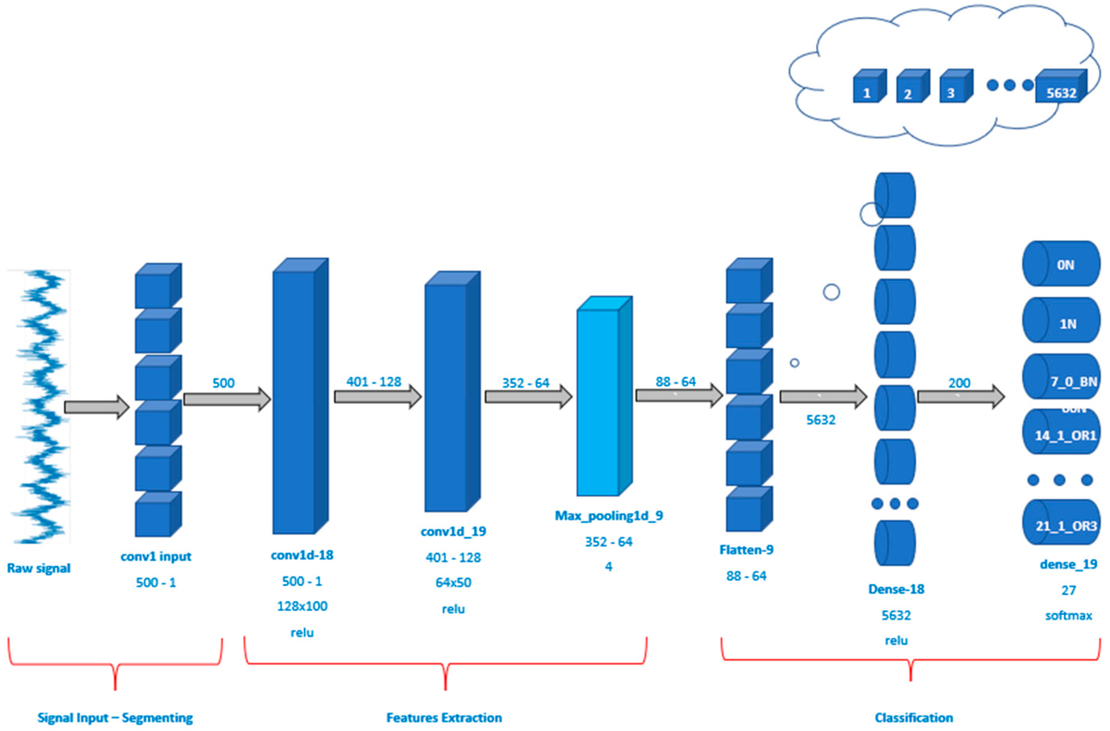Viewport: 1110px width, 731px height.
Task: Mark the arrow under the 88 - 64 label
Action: click(679, 396)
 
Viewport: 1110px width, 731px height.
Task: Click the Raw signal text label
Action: click(39, 568)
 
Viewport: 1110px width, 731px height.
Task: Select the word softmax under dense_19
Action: click(1068, 616)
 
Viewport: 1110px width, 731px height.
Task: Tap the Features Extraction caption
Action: click(444, 718)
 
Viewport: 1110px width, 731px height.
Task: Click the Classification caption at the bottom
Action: click(913, 718)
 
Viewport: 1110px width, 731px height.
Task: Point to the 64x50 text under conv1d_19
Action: click(453, 582)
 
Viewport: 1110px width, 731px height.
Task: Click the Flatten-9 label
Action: click(746, 550)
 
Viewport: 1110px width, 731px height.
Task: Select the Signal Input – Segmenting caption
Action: click(115, 718)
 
